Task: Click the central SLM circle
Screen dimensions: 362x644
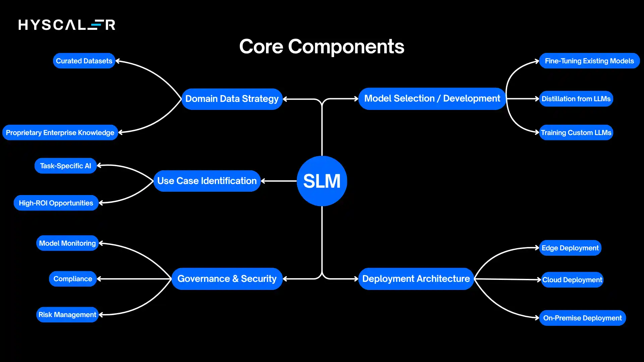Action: tap(322, 181)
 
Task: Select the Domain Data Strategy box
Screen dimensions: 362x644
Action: tap(232, 99)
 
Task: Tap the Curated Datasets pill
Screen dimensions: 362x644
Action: tap(84, 61)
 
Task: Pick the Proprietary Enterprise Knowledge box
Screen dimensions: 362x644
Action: tap(60, 133)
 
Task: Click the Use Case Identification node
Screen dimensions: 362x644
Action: tap(207, 181)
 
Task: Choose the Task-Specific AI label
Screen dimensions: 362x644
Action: tap(65, 166)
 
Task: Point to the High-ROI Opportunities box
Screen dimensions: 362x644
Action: tap(56, 203)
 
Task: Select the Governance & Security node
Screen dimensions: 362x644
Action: tap(227, 279)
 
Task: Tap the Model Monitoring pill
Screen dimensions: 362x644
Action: tap(67, 243)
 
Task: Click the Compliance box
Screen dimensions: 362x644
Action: tap(73, 279)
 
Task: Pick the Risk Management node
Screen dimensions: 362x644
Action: tap(67, 315)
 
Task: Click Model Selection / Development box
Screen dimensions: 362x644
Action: tap(432, 99)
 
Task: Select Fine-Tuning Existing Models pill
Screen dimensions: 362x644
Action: tap(589, 61)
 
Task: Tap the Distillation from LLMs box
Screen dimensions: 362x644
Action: tap(576, 99)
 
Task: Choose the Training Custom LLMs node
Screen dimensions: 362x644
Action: tap(576, 133)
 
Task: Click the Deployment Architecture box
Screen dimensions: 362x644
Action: tap(416, 279)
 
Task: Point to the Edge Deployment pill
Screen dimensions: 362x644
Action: tap(570, 248)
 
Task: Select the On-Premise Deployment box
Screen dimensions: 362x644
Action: tap(582, 318)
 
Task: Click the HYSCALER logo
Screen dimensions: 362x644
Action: tap(67, 25)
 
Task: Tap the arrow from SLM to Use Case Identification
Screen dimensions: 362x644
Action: tap(279, 181)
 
